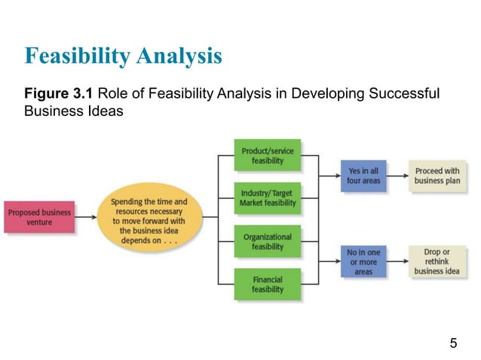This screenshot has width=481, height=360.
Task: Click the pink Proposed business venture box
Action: [x=39, y=217]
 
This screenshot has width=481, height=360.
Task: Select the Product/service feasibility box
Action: [x=267, y=156]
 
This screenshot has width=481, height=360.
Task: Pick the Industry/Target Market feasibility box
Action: [x=267, y=199]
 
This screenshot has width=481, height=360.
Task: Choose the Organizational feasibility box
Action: [x=267, y=242]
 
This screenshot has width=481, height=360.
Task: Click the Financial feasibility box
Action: [x=267, y=284]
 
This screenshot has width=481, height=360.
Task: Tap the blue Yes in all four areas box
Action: [x=363, y=175]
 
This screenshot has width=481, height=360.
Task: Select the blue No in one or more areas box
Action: [x=363, y=261]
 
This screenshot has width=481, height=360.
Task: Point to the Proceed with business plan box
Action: [x=437, y=175]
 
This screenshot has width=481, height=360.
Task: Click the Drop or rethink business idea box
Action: [x=437, y=261]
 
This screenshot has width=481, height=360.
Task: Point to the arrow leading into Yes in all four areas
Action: [x=329, y=175]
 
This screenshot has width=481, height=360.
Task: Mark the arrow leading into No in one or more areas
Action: [x=329, y=262]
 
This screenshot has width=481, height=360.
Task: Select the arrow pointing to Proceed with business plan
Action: [x=397, y=175]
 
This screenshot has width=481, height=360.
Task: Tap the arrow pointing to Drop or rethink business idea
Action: [x=397, y=262]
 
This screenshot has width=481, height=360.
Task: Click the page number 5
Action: [x=453, y=344]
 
